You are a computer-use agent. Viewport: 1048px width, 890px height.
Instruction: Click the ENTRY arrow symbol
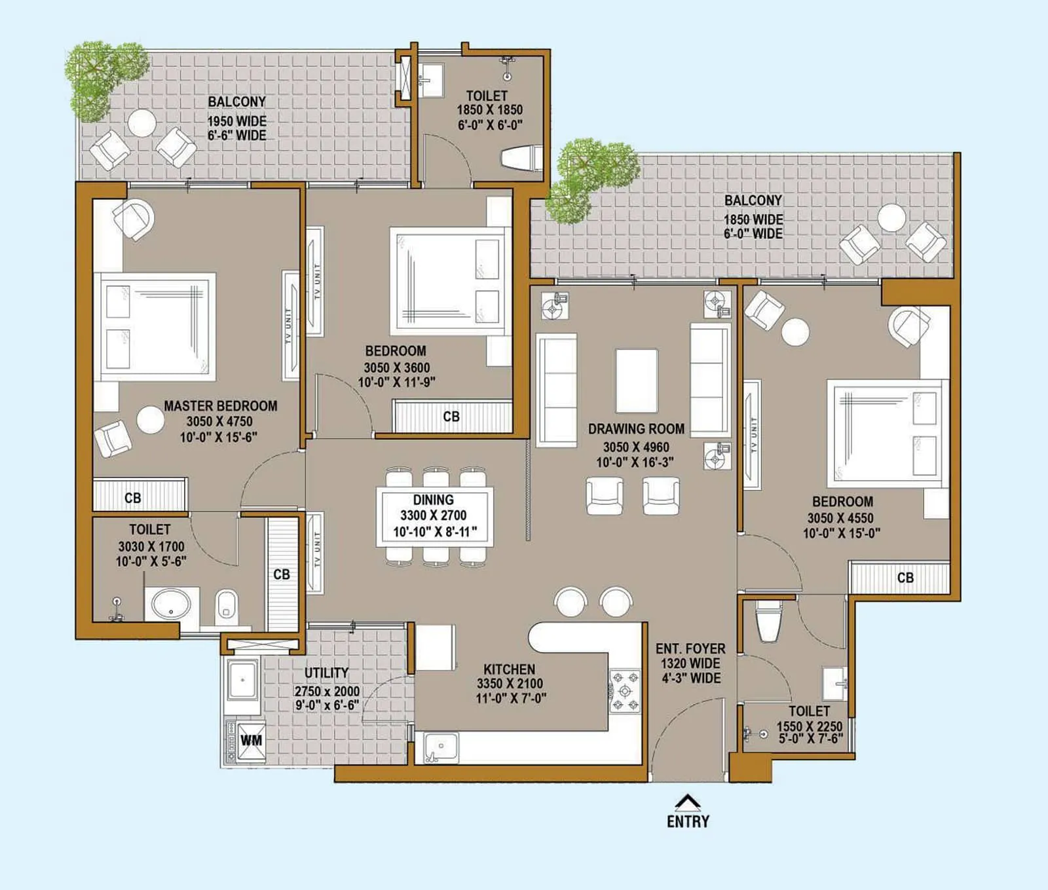687,802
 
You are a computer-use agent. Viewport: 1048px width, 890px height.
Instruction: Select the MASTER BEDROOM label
220,406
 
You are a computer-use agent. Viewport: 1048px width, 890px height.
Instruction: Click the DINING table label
433,500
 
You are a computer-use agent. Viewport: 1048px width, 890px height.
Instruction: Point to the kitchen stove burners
625,691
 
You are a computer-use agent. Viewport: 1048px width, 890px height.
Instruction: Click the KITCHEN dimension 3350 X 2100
510,684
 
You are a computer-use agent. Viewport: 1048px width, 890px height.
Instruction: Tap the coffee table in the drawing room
637,380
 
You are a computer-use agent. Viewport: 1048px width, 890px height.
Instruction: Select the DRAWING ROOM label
636,429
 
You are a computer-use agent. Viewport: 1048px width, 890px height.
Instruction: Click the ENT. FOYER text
690,648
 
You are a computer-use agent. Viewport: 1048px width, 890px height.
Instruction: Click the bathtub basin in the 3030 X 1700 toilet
171,604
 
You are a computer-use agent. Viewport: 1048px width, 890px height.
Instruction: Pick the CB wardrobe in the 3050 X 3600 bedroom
451,417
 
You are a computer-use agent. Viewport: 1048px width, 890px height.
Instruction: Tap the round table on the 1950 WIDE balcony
141,122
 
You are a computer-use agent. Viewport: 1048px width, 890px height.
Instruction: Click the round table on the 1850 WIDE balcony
891,217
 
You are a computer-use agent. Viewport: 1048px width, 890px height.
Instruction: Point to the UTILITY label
326,673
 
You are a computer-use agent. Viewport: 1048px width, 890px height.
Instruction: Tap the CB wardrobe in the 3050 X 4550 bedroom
905,578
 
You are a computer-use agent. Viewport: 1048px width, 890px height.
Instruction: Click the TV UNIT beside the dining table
315,553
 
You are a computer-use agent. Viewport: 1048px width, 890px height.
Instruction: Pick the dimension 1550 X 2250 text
810,726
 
